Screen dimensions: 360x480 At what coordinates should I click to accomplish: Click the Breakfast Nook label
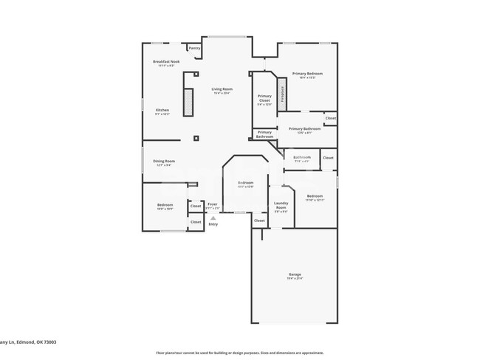click(166, 62)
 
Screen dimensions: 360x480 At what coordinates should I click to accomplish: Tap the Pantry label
click(194, 48)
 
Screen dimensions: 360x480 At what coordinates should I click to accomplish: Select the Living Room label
click(222, 89)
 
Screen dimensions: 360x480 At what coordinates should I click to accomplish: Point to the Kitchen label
click(162, 111)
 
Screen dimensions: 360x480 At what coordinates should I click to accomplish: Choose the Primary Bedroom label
click(307, 74)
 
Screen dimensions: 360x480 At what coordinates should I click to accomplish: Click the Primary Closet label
click(264, 99)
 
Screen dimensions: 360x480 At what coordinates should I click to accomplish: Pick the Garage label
click(295, 275)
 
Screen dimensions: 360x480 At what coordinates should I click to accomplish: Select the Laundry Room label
click(281, 206)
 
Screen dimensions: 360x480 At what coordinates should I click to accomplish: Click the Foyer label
click(212, 204)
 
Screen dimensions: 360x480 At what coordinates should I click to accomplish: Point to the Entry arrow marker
click(213, 218)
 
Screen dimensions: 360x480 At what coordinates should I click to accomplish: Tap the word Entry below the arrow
click(213, 224)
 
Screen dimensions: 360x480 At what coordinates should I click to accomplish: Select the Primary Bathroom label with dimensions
click(304, 129)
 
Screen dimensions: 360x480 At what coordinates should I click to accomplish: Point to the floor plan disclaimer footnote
click(239, 353)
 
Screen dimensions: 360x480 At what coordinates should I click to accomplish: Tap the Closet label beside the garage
click(259, 221)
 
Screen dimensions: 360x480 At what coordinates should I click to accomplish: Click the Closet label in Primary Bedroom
click(330, 118)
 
